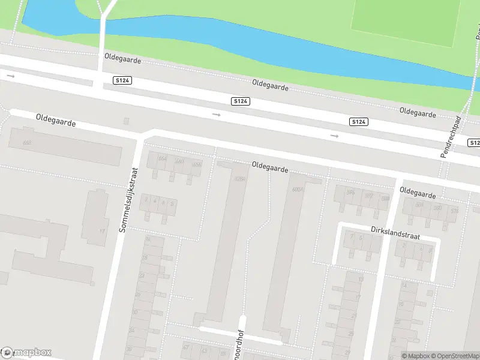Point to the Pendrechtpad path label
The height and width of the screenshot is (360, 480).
[x=449, y=137]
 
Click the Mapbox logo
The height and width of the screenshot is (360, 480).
[x=26, y=352]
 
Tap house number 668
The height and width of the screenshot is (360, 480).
[x=26, y=143]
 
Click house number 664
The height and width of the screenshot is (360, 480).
[x=162, y=158]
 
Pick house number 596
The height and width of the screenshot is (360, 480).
[x=350, y=193]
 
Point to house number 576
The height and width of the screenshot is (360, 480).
[x=454, y=210]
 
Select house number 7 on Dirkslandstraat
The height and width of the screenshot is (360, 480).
[x=352, y=236]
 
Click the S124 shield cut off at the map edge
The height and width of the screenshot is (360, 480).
[x=474, y=143]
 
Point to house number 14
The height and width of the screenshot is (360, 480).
[x=404, y=286]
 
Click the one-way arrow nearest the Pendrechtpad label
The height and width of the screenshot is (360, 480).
[x=334, y=136]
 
